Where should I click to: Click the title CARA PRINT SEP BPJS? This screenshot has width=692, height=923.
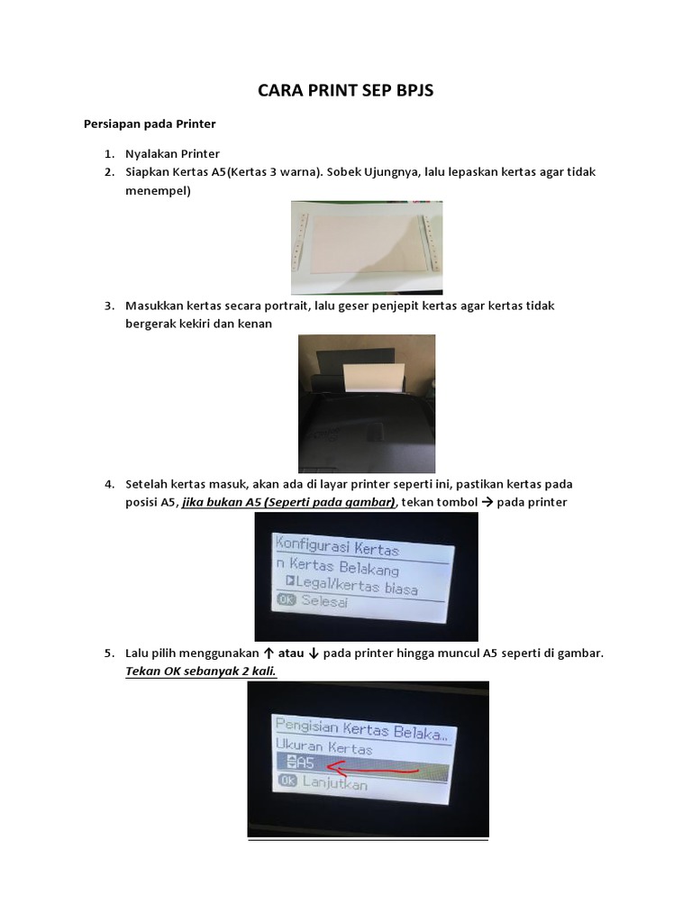pyautogui.click(x=346, y=90)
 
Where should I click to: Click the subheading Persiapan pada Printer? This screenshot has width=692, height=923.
pyautogui.click(x=150, y=123)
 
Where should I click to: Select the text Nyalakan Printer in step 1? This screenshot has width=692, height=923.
pyautogui.click(x=172, y=154)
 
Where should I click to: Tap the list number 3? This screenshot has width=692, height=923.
pyautogui.click(x=108, y=306)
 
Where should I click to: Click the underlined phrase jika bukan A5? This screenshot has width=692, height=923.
pyautogui.click(x=215, y=502)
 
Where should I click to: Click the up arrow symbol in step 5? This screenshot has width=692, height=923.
pyautogui.click(x=268, y=653)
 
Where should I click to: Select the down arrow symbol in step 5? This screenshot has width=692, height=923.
pyautogui.click(x=312, y=653)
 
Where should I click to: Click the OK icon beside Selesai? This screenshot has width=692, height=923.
pyautogui.click(x=287, y=601)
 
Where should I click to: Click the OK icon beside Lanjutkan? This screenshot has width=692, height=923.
pyautogui.click(x=288, y=782)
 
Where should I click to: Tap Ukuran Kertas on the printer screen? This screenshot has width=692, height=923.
pyautogui.click(x=323, y=748)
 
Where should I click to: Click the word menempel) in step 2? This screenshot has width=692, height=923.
pyautogui.click(x=158, y=189)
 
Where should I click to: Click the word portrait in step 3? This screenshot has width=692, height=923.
pyautogui.click(x=279, y=306)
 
